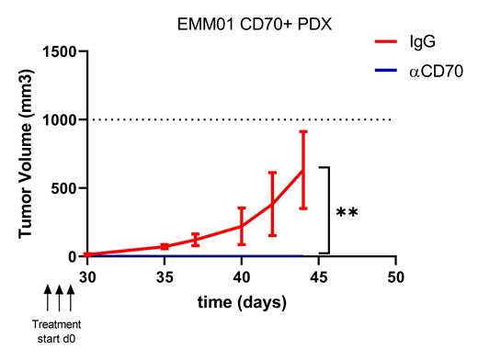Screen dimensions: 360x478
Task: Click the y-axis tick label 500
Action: coord(65,188)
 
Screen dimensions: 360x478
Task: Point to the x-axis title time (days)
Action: coord(241,302)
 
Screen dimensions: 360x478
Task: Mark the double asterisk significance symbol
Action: coord(347,214)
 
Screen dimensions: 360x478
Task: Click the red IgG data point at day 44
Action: coord(302,170)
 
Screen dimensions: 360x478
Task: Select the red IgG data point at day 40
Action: coord(242,225)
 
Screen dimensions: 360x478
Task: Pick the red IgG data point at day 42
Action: coord(272,203)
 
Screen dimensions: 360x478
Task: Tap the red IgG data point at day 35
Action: coord(165,246)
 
